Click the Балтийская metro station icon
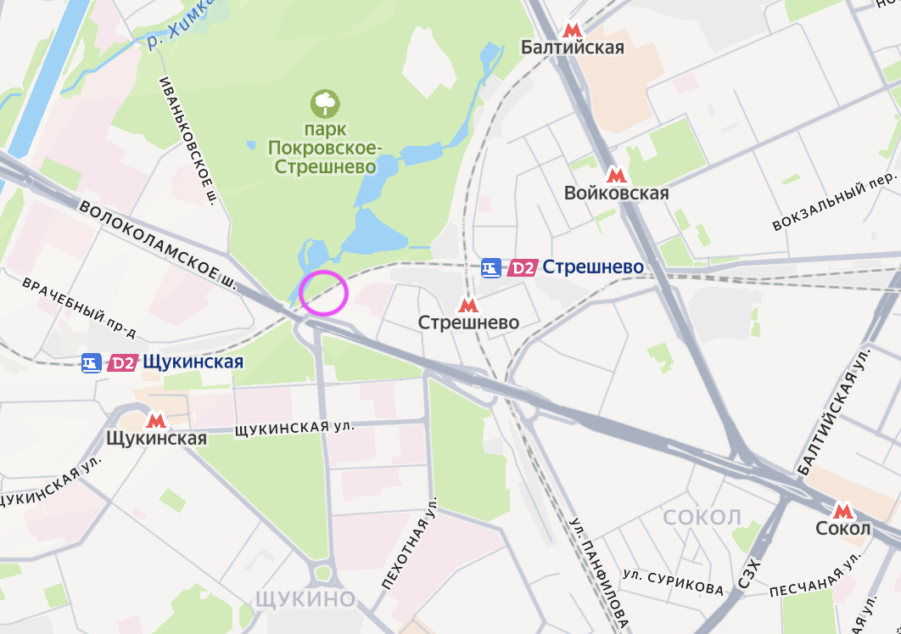(x=574, y=29)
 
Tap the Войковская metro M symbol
(x=617, y=175)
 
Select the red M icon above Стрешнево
(x=467, y=305)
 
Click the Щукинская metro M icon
(x=156, y=420)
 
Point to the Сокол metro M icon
(x=842, y=511)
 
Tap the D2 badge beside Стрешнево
(x=522, y=268)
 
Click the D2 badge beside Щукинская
(x=123, y=363)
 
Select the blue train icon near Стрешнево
(x=490, y=268)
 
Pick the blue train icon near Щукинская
(x=92, y=363)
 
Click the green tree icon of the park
(x=325, y=104)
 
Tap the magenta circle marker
(x=324, y=293)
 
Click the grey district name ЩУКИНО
(x=305, y=599)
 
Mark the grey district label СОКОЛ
(x=702, y=518)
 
